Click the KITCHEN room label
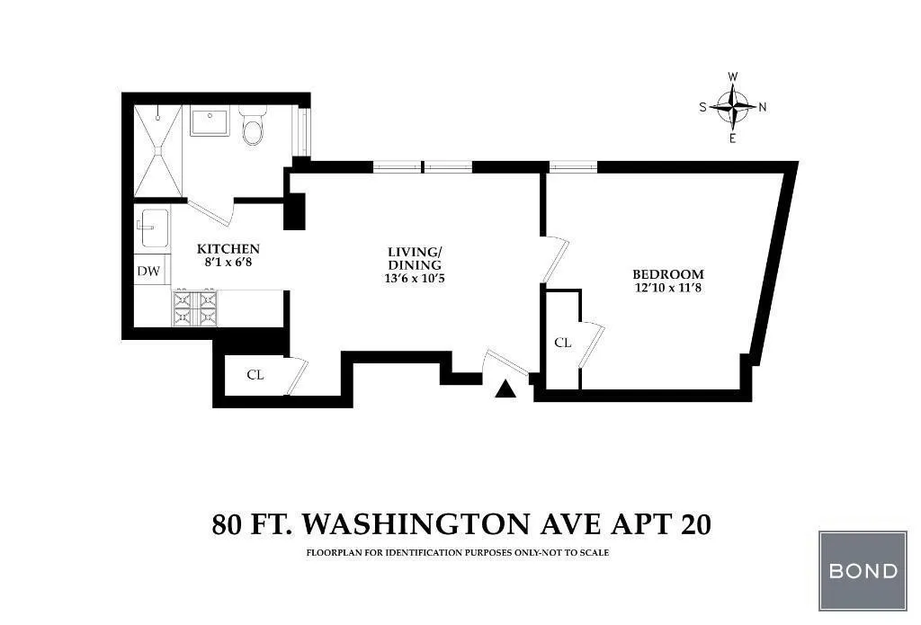(x=228, y=249)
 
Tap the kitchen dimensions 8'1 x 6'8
(x=228, y=263)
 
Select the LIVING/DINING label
(x=415, y=258)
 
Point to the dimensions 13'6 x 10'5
(x=415, y=279)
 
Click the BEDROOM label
(x=668, y=274)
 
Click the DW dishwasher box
(x=148, y=271)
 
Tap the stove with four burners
(x=195, y=308)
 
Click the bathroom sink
(x=212, y=121)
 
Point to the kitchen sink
(x=153, y=228)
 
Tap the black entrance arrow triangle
(x=506, y=388)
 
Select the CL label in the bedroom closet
(x=563, y=342)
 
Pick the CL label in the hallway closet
(x=255, y=375)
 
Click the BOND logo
(x=862, y=570)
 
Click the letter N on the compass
(x=763, y=107)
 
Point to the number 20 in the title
(x=693, y=522)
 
